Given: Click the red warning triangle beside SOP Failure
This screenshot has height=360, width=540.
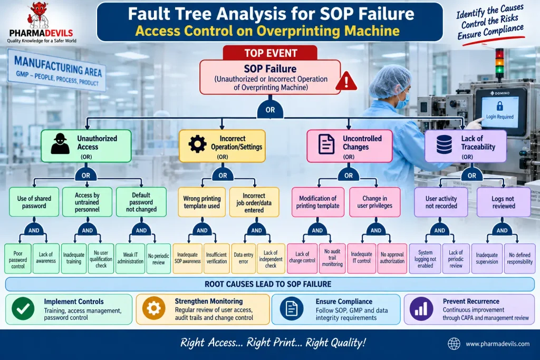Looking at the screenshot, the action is (346, 81).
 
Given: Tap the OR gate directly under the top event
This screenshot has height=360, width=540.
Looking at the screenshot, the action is (271, 109).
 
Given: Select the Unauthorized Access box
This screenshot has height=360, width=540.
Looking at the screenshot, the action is (86, 146).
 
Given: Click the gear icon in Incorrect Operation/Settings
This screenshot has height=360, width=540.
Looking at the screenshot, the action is (197, 144).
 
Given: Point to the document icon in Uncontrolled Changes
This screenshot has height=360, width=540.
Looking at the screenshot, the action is (326, 144).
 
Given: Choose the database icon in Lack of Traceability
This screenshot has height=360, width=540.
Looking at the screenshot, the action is (444, 144).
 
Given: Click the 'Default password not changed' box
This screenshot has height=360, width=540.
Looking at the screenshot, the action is (141, 202).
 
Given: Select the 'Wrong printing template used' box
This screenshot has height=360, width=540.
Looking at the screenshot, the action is (202, 202).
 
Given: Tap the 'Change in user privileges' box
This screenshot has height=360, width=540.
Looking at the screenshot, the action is (375, 202).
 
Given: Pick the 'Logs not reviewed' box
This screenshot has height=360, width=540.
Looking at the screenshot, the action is (503, 202).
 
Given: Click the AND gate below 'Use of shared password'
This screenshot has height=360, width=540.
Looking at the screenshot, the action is (34, 229).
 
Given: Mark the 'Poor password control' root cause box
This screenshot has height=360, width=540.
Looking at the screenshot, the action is (18, 259).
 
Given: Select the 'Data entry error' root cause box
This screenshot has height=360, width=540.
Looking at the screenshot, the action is (244, 259).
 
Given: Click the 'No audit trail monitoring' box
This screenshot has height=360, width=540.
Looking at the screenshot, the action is (332, 258).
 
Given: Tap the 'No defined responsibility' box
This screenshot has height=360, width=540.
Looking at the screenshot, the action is (519, 258).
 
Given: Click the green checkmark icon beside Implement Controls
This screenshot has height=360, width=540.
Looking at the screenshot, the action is (23, 309).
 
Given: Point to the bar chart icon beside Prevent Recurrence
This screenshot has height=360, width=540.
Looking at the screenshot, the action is (421, 309).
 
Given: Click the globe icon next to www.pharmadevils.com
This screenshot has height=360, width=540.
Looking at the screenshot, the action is (454, 344).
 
